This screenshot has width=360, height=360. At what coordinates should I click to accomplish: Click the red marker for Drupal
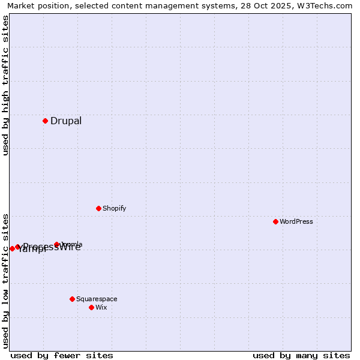[45, 121]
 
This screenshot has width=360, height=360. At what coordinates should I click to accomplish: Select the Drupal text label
[66, 121]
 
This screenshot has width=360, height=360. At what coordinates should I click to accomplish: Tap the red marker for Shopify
[98, 208]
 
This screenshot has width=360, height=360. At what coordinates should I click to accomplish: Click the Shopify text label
[114, 209]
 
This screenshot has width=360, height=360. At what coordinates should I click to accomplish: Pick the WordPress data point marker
[275, 221]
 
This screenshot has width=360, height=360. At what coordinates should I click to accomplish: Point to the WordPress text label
[296, 222]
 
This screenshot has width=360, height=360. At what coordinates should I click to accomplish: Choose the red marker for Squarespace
[72, 299]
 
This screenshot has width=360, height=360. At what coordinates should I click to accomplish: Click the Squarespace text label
[97, 299]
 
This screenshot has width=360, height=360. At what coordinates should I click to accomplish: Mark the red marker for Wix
[91, 307]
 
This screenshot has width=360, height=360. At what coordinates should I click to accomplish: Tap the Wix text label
[101, 308]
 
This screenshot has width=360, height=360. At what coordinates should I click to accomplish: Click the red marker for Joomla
[57, 244]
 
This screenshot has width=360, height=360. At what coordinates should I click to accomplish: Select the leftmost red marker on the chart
[12, 248]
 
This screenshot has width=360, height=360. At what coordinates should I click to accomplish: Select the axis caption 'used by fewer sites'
[62, 355]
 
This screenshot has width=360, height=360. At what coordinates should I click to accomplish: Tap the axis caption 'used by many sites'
[301, 355]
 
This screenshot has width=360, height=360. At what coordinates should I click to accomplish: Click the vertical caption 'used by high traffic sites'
[6, 85]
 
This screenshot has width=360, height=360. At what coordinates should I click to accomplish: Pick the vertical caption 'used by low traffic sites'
[6, 281]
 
